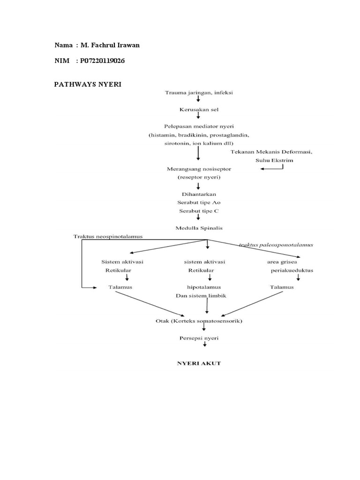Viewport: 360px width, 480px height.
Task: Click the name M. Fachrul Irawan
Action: [x=110, y=45]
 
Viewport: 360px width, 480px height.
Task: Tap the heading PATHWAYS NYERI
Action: [x=88, y=84]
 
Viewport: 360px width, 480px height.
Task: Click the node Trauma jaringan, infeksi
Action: [x=199, y=92]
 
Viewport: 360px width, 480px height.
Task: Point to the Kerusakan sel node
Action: [x=199, y=109]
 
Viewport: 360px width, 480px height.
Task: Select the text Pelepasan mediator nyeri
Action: [x=199, y=127]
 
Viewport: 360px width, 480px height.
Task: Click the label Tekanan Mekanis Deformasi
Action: [x=271, y=152]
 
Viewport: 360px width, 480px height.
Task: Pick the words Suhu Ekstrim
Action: [x=274, y=160]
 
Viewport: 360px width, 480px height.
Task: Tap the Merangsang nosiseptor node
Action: [x=199, y=168]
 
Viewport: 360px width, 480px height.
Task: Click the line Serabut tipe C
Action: [x=199, y=210]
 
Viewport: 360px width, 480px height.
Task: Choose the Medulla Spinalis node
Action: [x=199, y=228]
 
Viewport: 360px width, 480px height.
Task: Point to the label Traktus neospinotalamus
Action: [x=108, y=236]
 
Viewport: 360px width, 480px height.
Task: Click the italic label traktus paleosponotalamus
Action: [x=276, y=245]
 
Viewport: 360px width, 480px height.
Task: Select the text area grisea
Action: [x=282, y=262]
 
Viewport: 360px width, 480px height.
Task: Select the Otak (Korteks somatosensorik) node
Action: [x=199, y=321]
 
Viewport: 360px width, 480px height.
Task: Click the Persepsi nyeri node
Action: [x=199, y=338]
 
